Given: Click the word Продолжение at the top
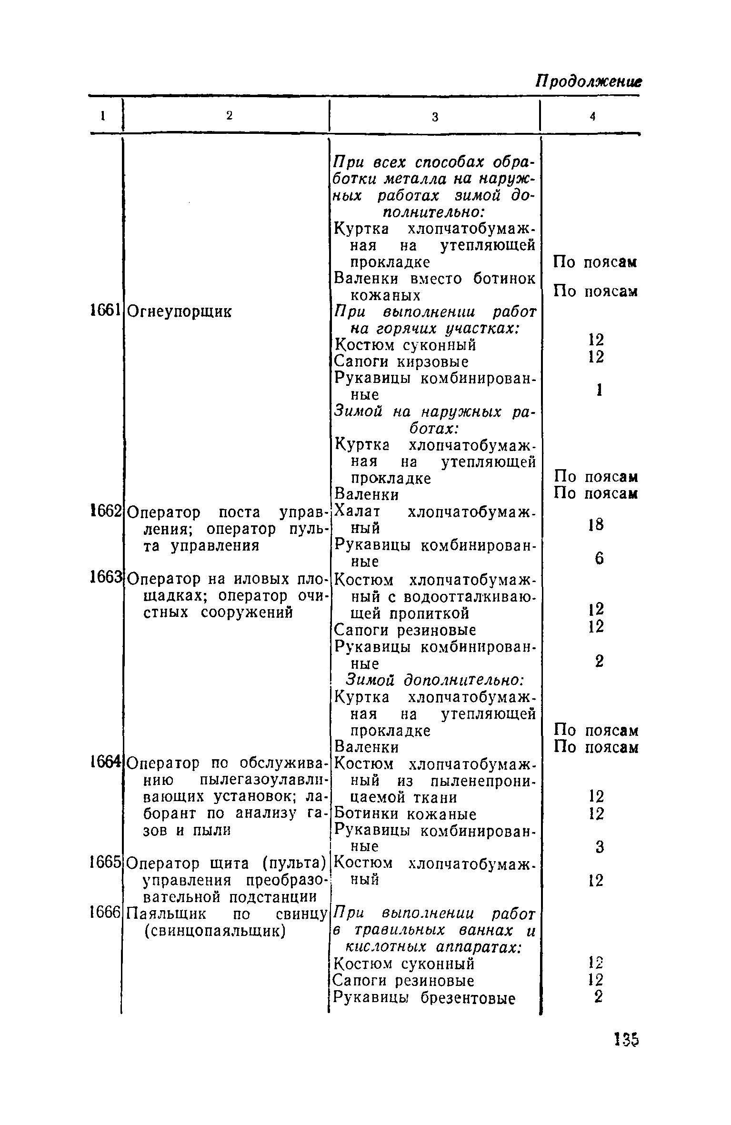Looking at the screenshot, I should [x=588, y=82].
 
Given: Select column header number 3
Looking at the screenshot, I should [x=435, y=117].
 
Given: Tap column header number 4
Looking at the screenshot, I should [x=592, y=117].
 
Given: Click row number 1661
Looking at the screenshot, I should [x=104, y=311].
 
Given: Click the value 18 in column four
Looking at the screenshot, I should [x=596, y=525].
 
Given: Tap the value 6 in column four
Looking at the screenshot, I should [x=599, y=558].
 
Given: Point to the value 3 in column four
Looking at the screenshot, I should [x=600, y=846].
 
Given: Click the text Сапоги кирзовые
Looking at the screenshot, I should [x=401, y=362].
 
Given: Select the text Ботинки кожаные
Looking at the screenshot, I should [x=405, y=814].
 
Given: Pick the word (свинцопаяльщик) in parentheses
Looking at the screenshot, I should [x=214, y=930].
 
